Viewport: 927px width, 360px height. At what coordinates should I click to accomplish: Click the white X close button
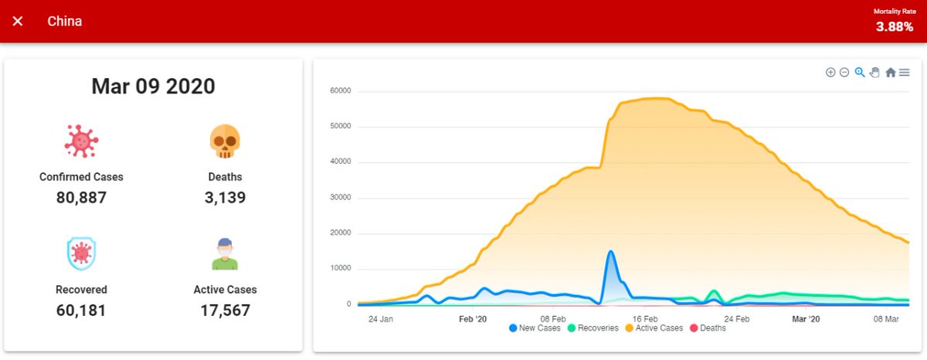tap(18, 21)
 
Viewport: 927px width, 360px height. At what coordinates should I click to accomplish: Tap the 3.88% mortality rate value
tap(894, 26)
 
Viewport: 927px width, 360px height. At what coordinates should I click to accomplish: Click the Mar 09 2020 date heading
tap(153, 87)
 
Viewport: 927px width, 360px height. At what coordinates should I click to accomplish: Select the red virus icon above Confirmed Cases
tap(81, 141)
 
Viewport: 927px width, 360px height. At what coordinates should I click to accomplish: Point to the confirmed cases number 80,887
tap(81, 198)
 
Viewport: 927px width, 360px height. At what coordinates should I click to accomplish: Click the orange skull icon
tap(225, 142)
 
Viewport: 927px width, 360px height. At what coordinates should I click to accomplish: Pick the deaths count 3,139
tap(225, 198)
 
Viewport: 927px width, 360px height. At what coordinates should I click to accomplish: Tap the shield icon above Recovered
tap(81, 253)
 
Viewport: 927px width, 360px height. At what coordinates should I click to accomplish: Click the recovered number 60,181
tap(81, 311)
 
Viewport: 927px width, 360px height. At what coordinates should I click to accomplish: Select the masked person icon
tap(225, 253)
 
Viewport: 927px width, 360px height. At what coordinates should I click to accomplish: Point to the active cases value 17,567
tap(225, 311)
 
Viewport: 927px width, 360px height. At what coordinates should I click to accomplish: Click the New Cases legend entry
tap(535, 328)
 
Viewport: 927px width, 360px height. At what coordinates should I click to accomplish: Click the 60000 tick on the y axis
tap(340, 91)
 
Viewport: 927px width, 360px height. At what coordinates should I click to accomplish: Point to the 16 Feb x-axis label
tap(645, 318)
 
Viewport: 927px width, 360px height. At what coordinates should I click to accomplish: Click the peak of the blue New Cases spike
tap(611, 251)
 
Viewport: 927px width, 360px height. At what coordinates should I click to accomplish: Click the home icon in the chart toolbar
tap(890, 73)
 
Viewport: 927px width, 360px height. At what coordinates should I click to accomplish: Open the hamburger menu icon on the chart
tap(904, 73)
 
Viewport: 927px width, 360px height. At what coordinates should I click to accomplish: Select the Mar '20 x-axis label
tap(806, 318)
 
